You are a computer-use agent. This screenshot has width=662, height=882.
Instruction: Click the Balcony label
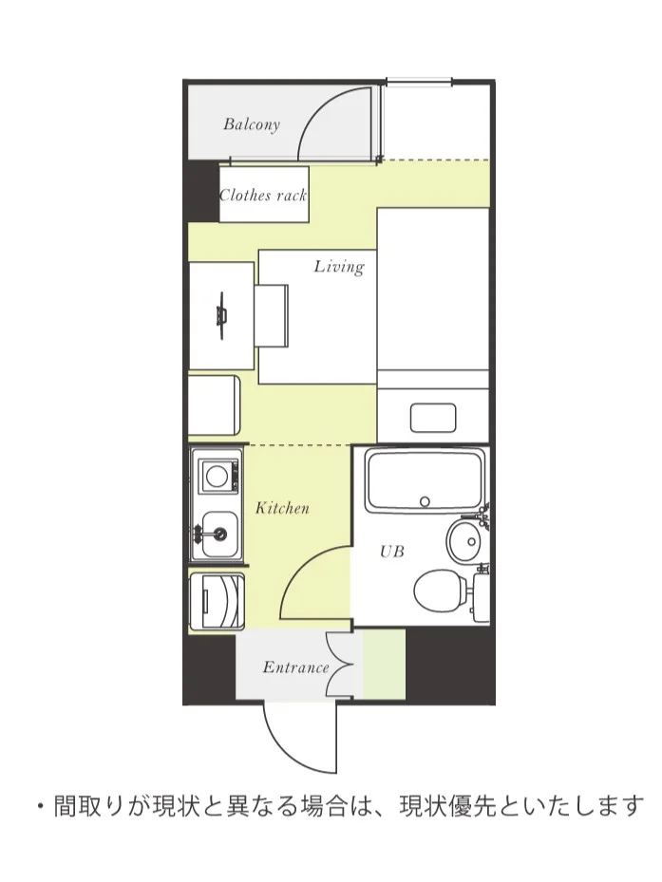pyautogui.click(x=252, y=124)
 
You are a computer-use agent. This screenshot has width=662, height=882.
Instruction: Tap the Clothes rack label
pyautogui.click(x=263, y=196)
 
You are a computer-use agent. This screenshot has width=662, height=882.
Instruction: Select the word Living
pyautogui.click(x=339, y=267)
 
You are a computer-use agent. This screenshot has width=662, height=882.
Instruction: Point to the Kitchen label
pyautogui.click(x=282, y=508)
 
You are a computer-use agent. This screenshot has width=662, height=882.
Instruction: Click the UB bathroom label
pyautogui.click(x=392, y=552)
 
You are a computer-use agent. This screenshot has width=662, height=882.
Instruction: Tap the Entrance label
pyautogui.click(x=295, y=667)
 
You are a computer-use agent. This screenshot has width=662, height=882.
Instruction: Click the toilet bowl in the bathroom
pyautogui.click(x=441, y=591)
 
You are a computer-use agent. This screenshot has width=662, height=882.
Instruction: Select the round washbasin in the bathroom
pyautogui.click(x=466, y=540)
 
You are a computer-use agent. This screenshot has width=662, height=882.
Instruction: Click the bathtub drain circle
pyautogui.click(x=425, y=501)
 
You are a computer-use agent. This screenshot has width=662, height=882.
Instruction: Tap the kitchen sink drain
pyautogui.click(x=219, y=532)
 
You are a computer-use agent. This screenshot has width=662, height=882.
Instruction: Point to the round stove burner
pyautogui.click(x=217, y=476)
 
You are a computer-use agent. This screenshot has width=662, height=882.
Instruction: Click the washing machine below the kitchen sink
pyautogui.click(x=217, y=601)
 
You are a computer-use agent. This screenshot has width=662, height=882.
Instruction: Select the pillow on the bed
pyautogui.click(x=433, y=418)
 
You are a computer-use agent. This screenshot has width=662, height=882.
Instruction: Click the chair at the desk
pyautogui.click(x=272, y=315)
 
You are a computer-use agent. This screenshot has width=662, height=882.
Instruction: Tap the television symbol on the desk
pyautogui.click(x=222, y=315)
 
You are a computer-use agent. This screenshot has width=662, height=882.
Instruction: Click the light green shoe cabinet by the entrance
pyautogui.click(x=384, y=665)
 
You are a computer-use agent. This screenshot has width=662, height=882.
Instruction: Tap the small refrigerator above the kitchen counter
pyautogui.click(x=214, y=405)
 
